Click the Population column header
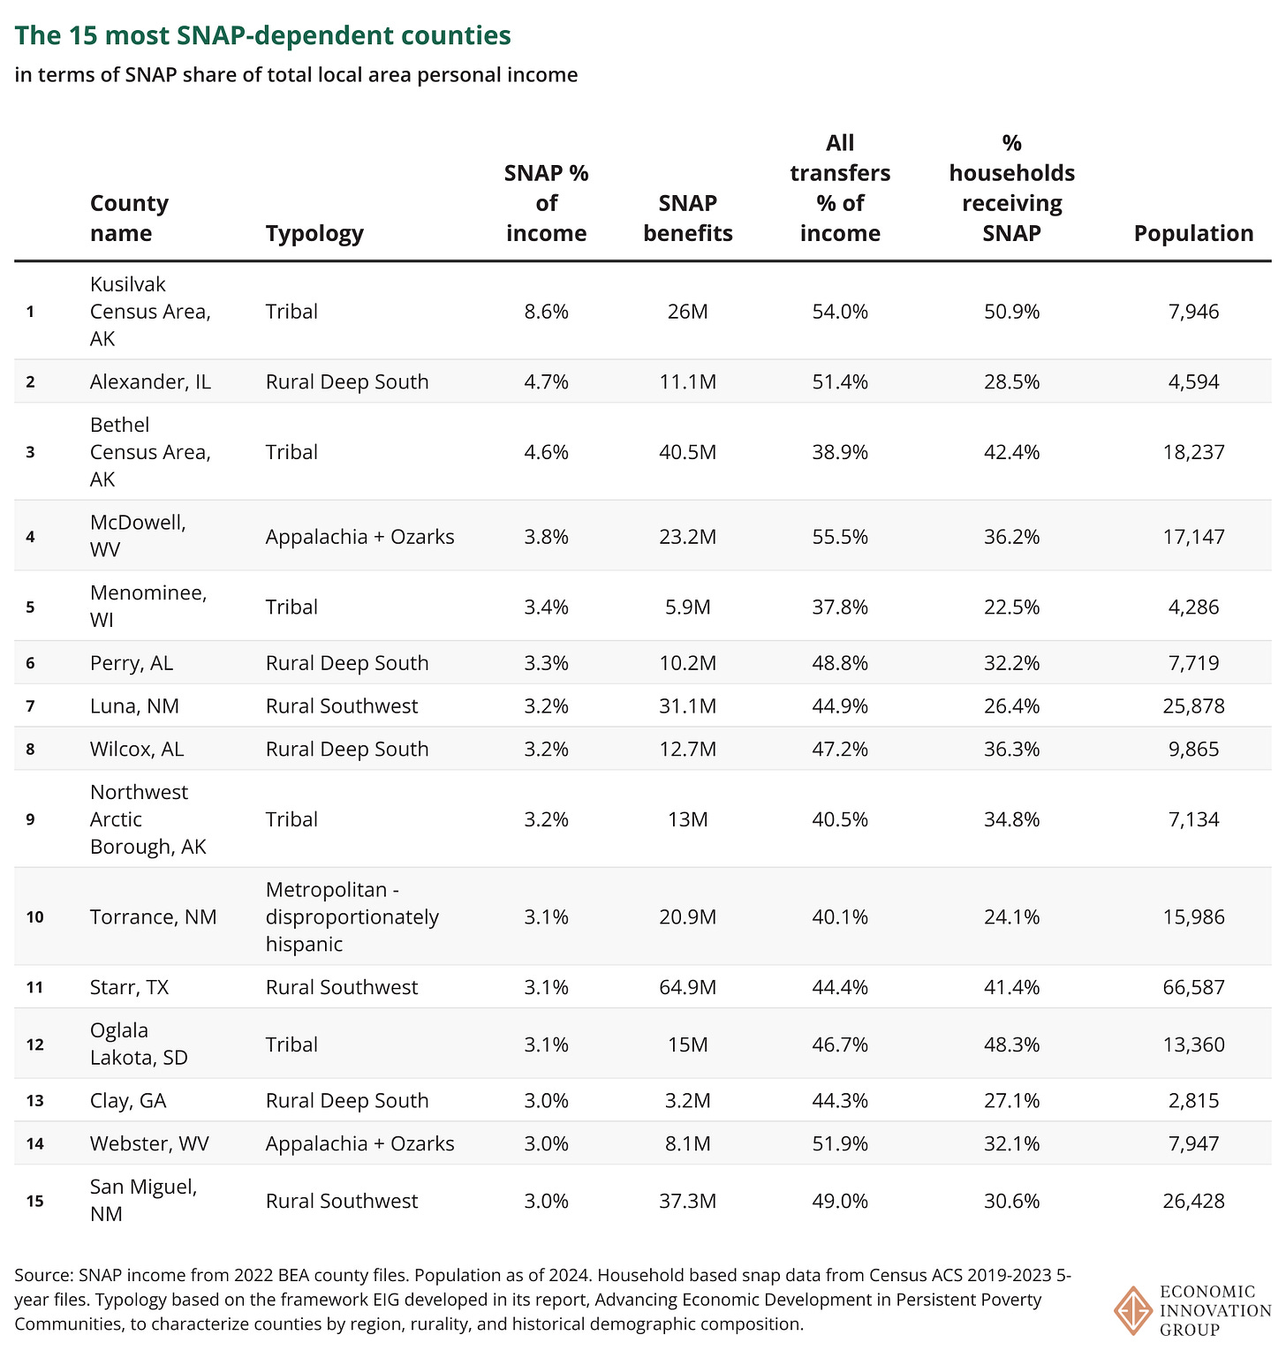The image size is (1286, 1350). click(x=1193, y=233)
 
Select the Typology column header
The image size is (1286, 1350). click(x=314, y=233)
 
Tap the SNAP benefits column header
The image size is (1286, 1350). click(x=688, y=218)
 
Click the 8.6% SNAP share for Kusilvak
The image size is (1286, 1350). click(x=546, y=312)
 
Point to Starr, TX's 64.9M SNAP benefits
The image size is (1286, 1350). click(x=688, y=987)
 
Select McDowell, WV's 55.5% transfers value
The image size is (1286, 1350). click(x=840, y=537)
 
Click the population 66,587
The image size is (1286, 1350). click(x=1193, y=987)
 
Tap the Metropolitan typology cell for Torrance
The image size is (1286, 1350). click(x=352, y=916)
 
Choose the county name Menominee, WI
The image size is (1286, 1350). click(x=148, y=606)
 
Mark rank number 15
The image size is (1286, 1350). click(x=34, y=1201)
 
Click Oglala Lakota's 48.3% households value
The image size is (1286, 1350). click(x=1011, y=1045)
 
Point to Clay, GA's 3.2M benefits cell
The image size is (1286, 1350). click(x=688, y=1101)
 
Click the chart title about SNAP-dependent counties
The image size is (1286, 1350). click(x=263, y=36)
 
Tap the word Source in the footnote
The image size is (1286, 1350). click(x=42, y=1276)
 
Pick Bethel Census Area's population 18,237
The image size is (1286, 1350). click(x=1193, y=452)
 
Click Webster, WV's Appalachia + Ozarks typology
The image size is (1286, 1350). click(x=359, y=1144)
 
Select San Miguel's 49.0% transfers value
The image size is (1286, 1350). click(x=840, y=1201)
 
